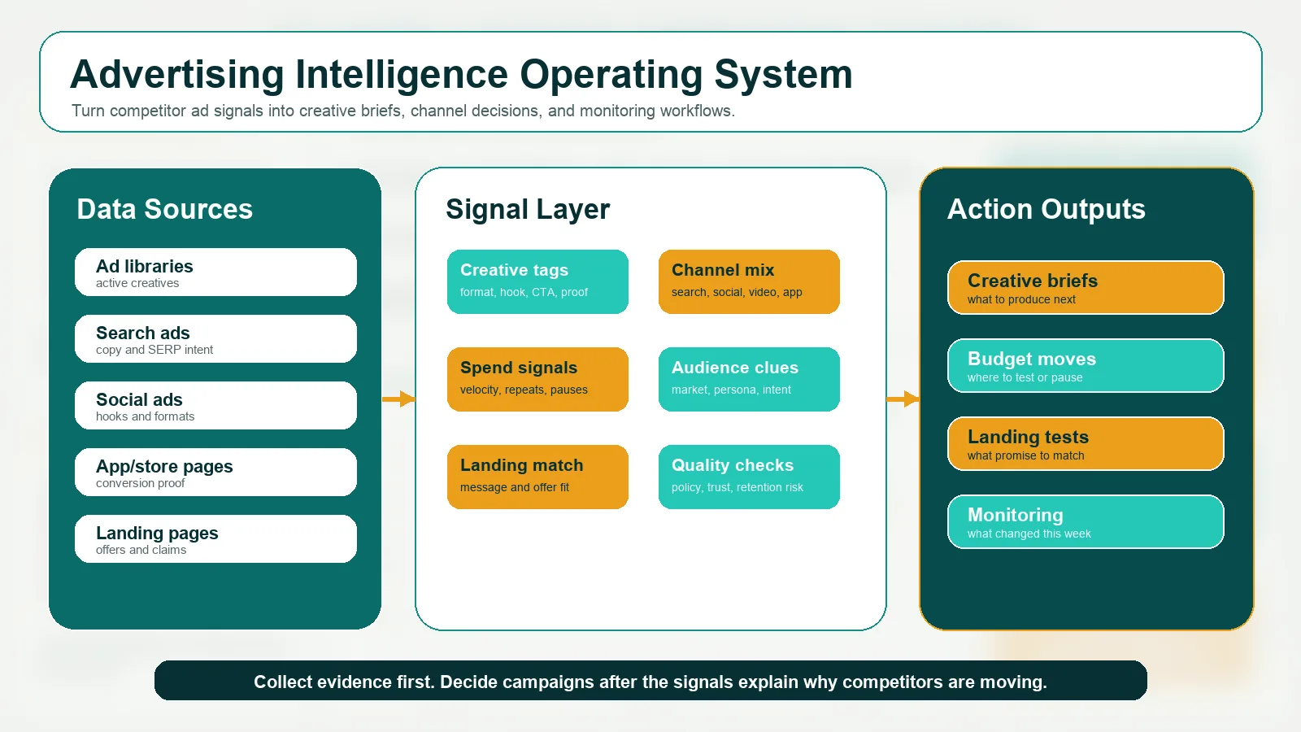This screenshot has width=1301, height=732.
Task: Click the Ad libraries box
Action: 215,272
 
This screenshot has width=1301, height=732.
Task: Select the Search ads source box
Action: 215,339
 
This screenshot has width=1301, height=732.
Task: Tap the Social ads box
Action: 215,406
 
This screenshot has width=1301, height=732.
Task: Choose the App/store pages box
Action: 215,473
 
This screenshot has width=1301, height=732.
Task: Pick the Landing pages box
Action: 215,539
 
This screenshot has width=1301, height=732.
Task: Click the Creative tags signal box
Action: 537,281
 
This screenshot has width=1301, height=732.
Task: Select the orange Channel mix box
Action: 749,281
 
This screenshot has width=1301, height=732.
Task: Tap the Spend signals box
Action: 537,379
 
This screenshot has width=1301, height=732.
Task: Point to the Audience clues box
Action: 749,379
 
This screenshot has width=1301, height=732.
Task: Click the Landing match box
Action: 537,477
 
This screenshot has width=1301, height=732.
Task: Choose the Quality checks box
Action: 749,477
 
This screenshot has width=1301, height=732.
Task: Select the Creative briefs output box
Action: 1086,287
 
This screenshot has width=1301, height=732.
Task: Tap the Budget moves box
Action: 1086,365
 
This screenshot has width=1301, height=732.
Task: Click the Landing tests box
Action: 1086,443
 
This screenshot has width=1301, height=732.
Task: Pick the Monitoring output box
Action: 1086,521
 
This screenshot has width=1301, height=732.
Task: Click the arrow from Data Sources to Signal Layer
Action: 399,399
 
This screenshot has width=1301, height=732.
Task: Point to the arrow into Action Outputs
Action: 903,399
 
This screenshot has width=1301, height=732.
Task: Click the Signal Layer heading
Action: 528,209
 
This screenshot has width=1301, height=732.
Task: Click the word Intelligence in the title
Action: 402,75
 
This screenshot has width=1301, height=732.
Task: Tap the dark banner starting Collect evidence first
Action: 650,681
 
